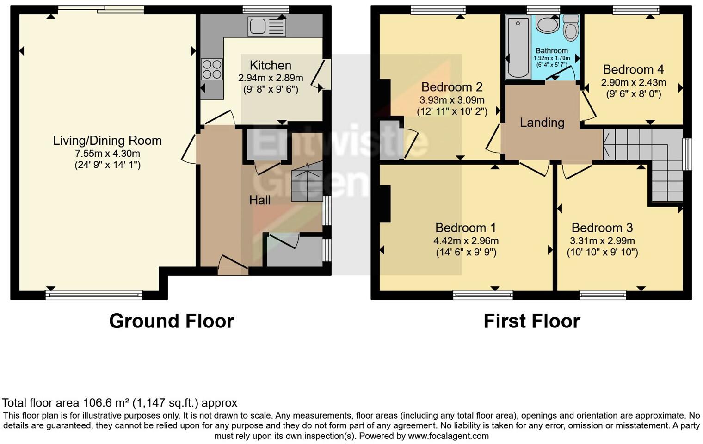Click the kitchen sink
267,26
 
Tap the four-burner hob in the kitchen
211,69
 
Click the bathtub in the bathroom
518,47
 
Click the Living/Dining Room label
107,141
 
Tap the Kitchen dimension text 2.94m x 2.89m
271,78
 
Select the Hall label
259,200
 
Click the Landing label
542,123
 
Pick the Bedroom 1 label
465,228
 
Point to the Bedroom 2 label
452,87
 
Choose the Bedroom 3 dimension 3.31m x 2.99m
602,240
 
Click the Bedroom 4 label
633,69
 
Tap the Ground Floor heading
172,321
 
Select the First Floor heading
531,321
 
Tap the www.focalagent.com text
448,436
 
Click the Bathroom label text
551,51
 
